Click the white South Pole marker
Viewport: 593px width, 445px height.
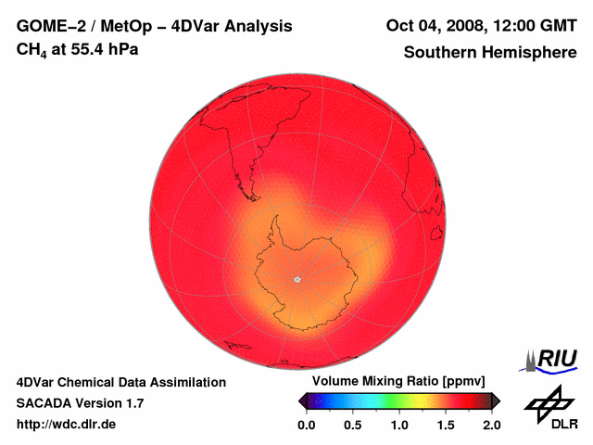coord(296,278)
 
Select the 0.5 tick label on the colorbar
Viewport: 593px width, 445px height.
coord(352,425)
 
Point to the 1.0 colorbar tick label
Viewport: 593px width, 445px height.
coord(399,425)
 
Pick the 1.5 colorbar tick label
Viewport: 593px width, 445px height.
coord(446,425)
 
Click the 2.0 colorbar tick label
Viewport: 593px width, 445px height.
coord(492,425)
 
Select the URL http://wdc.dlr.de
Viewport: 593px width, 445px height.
coord(67,425)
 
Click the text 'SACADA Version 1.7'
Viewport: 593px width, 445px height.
coord(80,403)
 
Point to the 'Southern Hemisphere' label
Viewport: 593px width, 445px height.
coord(490,53)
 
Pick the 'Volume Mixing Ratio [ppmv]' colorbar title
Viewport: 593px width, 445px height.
coord(398,382)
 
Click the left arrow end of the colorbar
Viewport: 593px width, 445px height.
coord(302,400)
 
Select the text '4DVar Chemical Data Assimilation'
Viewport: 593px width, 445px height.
coord(120,382)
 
